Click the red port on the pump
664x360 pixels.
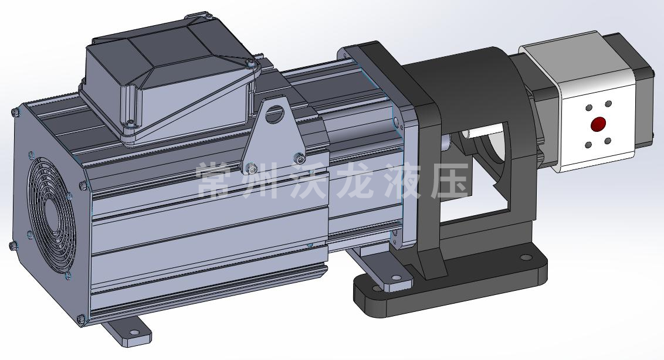coord(598,124)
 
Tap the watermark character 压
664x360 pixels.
coord(450,180)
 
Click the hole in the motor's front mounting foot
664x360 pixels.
coord(135,333)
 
